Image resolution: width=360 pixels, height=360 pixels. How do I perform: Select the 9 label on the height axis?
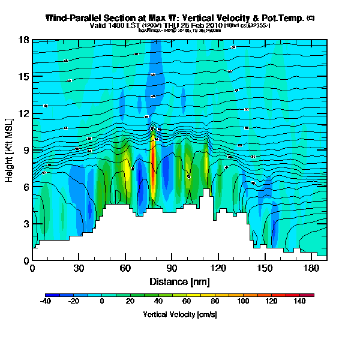click(26, 151)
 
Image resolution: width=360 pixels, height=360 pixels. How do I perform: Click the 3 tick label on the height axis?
click(26, 224)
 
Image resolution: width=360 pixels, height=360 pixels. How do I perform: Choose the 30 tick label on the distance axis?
click(79, 269)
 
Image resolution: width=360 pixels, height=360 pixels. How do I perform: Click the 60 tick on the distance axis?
click(125, 269)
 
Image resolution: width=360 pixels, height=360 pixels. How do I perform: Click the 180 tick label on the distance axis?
click(311, 269)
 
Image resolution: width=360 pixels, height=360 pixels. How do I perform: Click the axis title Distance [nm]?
click(179, 281)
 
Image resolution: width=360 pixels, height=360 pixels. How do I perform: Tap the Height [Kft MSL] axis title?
click(10, 150)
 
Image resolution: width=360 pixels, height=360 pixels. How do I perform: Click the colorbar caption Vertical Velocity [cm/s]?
click(179, 314)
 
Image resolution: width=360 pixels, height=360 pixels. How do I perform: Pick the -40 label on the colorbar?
click(46, 301)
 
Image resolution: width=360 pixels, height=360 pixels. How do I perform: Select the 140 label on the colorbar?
click(299, 301)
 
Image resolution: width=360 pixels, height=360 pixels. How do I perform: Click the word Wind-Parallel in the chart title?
click(75, 19)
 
